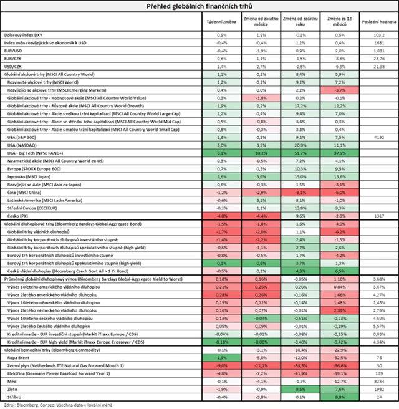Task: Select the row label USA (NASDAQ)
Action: coord(23,144)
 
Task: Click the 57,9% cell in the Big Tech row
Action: coord(340,152)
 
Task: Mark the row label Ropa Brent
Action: coord(19,357)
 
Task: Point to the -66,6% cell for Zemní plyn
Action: coord(340,365)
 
